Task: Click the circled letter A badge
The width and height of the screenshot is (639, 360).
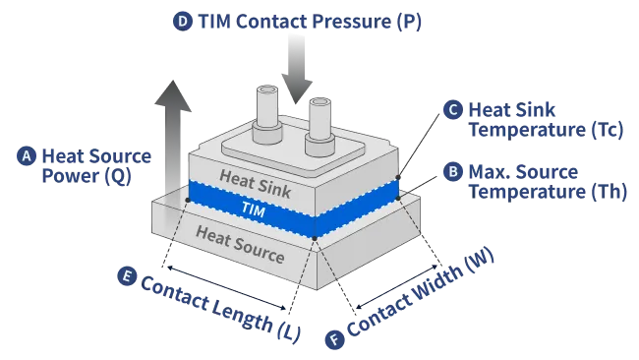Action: point(27,156)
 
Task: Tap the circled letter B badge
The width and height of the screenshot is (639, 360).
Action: point(453,172)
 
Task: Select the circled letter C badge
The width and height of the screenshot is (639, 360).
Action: point(453,109)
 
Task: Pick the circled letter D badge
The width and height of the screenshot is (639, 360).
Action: point(183,22)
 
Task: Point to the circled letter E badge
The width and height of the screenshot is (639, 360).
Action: point(127,276)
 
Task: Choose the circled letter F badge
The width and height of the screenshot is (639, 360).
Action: point(335,339)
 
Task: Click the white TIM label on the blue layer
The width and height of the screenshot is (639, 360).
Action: point(253,210)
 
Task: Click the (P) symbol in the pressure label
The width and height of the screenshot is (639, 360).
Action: point(409,22)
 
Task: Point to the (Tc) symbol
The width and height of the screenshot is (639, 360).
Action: point(607,130)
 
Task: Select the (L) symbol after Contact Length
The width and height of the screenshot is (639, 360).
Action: point(289,331)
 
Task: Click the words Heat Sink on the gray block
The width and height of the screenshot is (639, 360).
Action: point(256,184)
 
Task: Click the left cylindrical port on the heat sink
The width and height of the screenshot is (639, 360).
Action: point(267,114)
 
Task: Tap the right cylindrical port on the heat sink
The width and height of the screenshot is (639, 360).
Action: point(319,126)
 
